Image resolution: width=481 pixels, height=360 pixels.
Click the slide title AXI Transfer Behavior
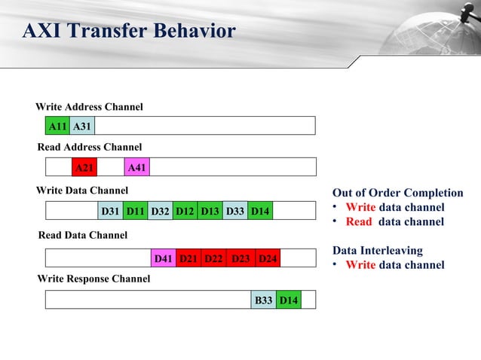(129, 32)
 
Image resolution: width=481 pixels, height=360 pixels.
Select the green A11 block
(57, 126)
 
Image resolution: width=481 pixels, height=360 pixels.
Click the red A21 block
(84, 167)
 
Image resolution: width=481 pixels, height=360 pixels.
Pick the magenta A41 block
(136, 167)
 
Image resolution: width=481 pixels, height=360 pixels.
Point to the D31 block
(110, 211)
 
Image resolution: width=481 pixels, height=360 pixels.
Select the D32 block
(160, 211)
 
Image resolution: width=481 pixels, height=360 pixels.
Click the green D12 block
(185, 211)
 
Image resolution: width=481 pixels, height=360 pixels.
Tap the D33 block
(234, 211)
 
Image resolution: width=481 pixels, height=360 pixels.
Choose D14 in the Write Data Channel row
(260, 211)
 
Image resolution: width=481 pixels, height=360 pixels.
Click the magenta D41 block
(163, 259)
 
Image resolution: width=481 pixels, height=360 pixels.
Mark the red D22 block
(213, 259)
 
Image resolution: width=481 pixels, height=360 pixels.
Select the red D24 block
(268, 259)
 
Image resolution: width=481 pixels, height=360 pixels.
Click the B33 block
(264, 301)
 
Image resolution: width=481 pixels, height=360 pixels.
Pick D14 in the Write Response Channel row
(288, 301)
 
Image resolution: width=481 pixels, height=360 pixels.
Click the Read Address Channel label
(90, 147)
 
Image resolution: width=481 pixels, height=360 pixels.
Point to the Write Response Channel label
(93, 279)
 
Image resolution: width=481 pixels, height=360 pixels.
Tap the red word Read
(359, 221)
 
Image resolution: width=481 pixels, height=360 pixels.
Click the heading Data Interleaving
(378, 250)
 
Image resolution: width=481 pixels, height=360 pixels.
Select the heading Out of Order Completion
(398, 193)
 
